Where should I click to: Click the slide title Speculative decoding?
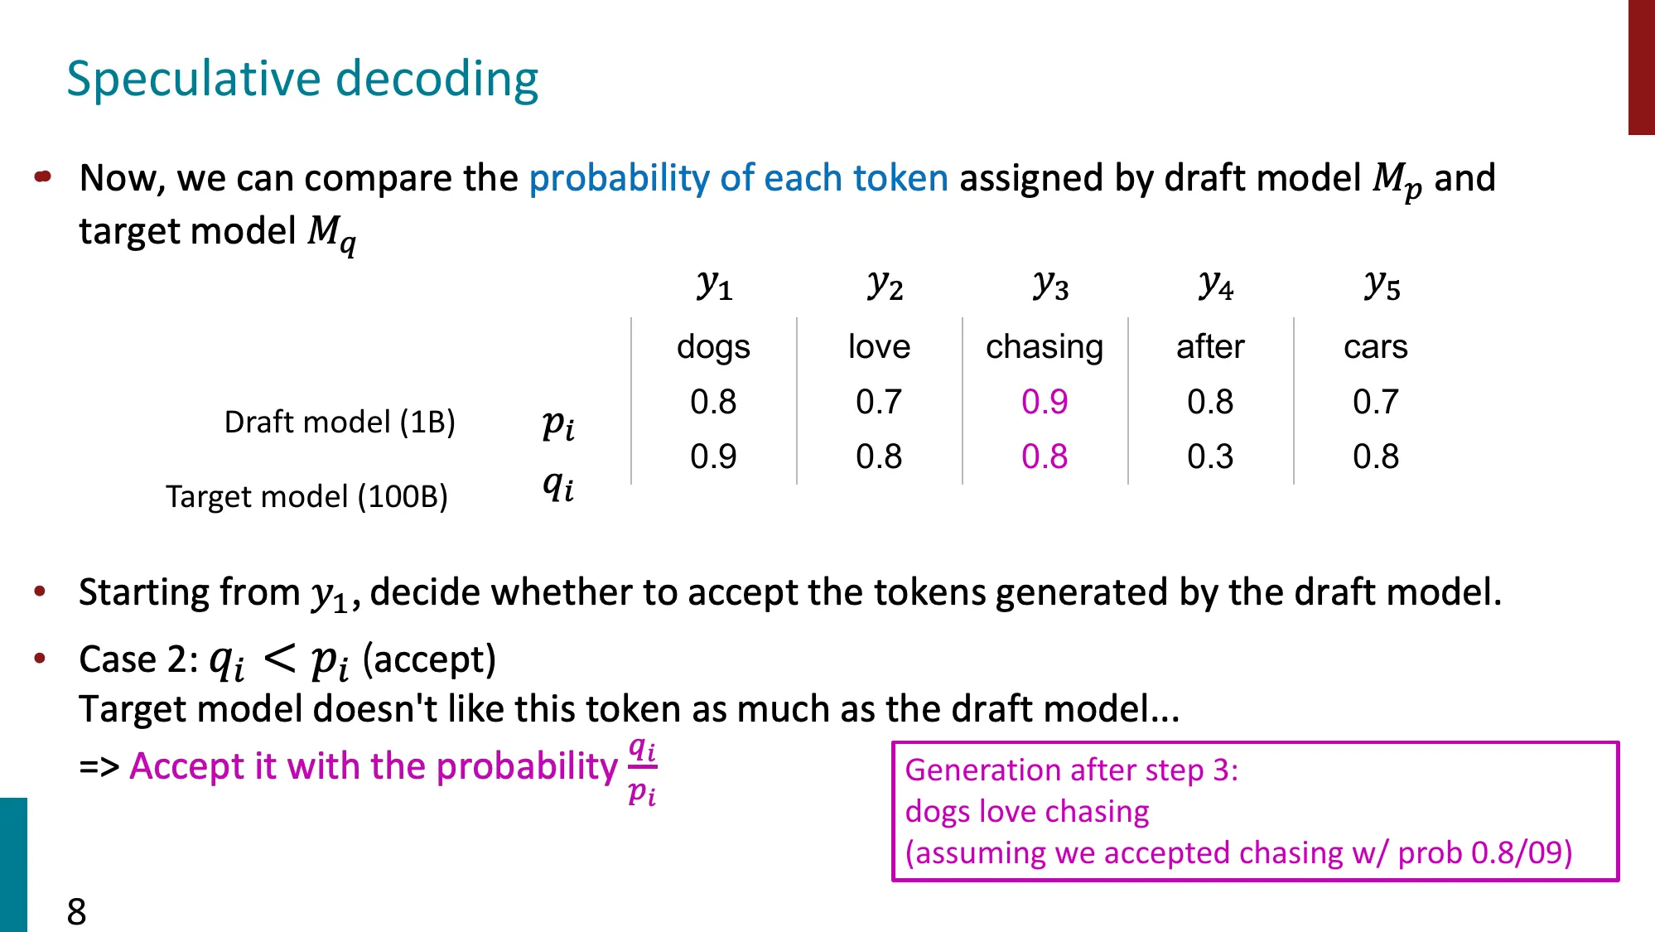[302, 80]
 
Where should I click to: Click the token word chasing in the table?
[1044, 346]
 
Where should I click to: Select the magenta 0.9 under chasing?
[1044, 402]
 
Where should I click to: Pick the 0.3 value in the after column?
[1209, 456]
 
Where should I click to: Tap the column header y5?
[1382, 286]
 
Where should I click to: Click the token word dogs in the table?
[712, 346]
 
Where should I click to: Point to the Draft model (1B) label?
[340, 422]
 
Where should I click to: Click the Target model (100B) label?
[306, 496]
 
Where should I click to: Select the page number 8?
[76, 911]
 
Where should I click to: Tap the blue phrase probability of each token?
[738, 178]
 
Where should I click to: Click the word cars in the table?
[1375, 346]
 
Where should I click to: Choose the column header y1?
[714, 286]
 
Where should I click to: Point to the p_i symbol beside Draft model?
[558, 424]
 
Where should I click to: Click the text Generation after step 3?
[1071, 770]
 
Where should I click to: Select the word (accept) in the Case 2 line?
[429, 659]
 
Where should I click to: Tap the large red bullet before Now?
[43, 176]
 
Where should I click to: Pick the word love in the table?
[878, 346]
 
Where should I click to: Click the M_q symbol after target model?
[331, 233]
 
